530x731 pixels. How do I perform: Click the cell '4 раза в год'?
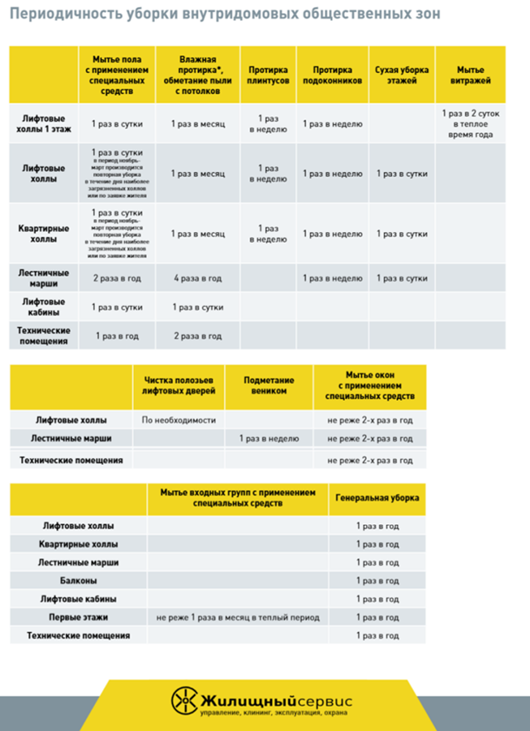[197, 278]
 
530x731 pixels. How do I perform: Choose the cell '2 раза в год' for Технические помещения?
[197, 336]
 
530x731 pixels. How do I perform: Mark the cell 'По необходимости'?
[178, 420]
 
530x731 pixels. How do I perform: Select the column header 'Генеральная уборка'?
[377, 498]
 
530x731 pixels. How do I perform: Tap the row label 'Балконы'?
[78, 581]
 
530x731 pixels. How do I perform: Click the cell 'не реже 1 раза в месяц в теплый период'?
[238, 617]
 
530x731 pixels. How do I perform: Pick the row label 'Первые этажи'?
[78, 617]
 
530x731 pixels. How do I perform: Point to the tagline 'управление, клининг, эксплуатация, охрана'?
[274, 714]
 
